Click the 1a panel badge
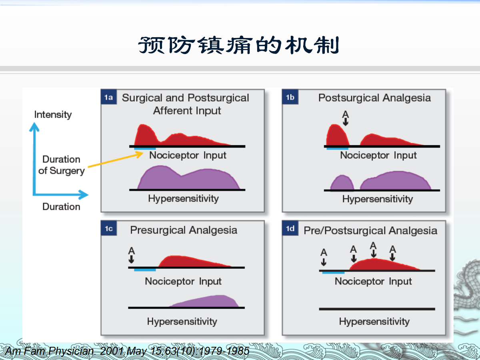108,98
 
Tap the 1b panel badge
290,98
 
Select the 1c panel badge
108,229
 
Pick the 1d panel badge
290,229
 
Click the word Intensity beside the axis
53,115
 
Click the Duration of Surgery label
62,165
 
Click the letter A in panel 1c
132,251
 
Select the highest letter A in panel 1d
373,245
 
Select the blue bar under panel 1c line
145,270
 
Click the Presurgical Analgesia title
184,230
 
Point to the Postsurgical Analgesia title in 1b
374,98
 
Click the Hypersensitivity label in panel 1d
374,322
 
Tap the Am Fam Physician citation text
126,352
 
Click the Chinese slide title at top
239,45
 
